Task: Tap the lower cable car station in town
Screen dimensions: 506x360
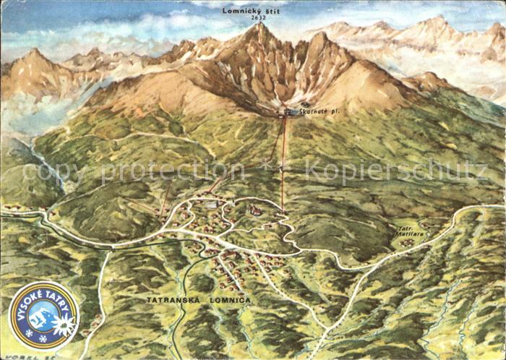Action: [282, 211]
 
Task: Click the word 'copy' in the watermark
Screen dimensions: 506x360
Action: [48, 172]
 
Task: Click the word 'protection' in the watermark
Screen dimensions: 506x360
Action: [163, 172]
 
